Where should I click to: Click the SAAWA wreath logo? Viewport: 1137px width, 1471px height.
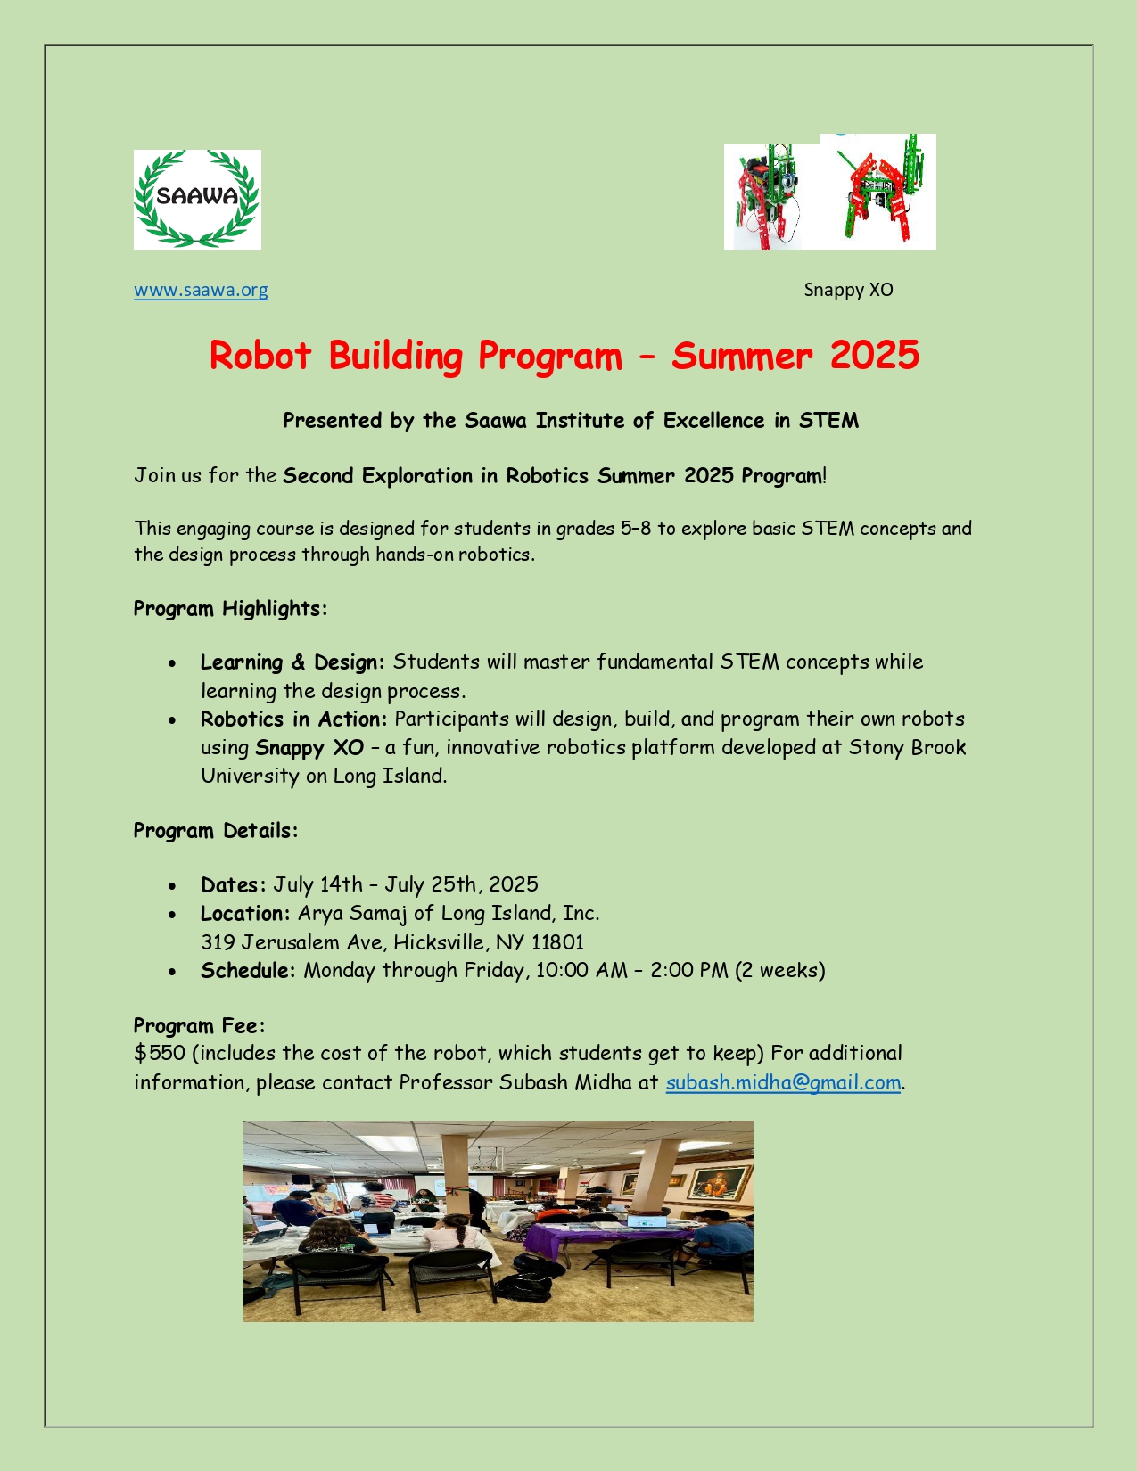click(x=197, y=199)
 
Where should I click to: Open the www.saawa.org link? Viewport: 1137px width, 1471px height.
click(x=201, y=290)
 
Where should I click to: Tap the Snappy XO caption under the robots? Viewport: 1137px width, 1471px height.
click(x=848, y=290)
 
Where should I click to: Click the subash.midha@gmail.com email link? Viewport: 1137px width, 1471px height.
click(x=783, y=1082)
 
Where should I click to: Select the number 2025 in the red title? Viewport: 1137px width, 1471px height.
click(x=874, y=355)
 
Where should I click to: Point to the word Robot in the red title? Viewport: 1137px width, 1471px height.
click(x=260, y=355)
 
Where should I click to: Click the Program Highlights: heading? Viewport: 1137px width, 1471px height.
click(x=230, y=609)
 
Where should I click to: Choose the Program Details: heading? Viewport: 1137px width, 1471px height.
click(x=215, y=831)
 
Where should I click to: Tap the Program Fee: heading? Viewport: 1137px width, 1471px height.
click(x=199, y=1025)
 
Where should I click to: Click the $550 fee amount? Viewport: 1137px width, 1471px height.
click(x=160, y=1053)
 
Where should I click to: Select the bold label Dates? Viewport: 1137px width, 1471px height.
click(x=233, y=884)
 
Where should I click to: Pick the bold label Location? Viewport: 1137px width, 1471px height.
click(x=245, y=913)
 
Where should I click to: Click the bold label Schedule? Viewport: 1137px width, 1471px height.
click(x=248, y=970)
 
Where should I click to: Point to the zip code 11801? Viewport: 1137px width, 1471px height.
click(x=557, y=942)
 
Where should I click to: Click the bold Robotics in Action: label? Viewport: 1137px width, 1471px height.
click(x=293, y=719)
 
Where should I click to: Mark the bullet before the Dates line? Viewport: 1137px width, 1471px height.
click(x=172, y=886)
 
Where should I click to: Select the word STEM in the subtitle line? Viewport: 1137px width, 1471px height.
click(x=828, y=421)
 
